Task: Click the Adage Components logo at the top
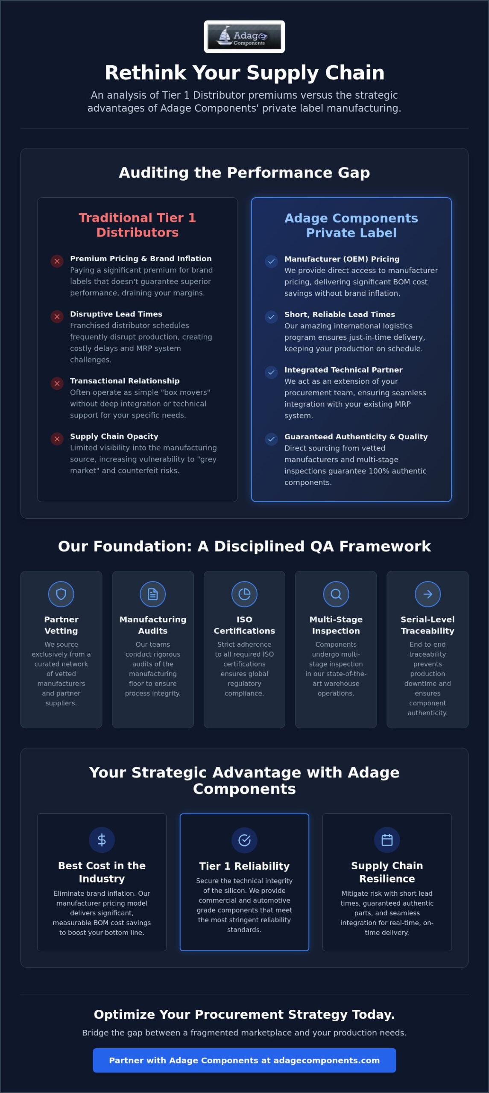(x=244, y=37)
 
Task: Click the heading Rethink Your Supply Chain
(x=244, y=73)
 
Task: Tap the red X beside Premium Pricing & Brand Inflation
(x=57, y=261)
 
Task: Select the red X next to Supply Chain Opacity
(x=57, y=438)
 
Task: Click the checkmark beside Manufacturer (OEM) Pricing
(x=271, y=261)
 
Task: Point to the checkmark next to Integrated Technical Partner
(x=271, y=372)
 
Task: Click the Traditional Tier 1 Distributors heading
(x=138, y=225)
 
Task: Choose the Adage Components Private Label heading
(x=351, y=225)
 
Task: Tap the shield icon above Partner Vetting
(x=61, y=594)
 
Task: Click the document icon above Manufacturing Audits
(x=153, y=594)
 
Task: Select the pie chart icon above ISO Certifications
(x=244, y=594)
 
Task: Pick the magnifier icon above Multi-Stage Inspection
(x=336, y=594)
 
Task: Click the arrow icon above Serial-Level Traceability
(x=428, y=594)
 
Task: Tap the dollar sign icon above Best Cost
(x=102, y=840)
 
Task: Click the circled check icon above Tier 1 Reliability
(x=244, y=840)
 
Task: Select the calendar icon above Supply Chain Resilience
(x=387, y=840)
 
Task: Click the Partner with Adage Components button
(x=244, y=1060)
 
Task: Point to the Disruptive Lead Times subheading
(x=116, y=314)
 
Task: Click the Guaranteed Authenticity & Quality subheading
(x=356, y=436)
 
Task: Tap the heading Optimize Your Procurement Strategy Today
(x=244, y=1014)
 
